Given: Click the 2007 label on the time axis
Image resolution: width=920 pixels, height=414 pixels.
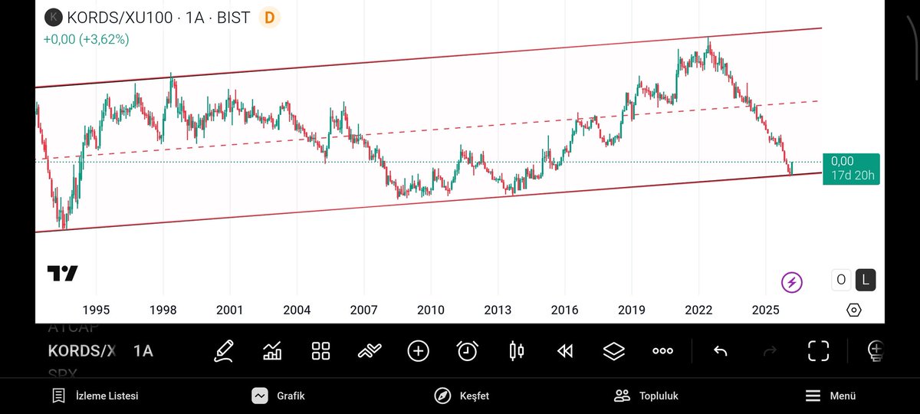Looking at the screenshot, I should [363, 310].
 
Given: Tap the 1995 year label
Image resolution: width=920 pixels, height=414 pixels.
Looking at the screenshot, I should [96, 310].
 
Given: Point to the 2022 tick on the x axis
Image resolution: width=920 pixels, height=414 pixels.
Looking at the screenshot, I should [698, 310].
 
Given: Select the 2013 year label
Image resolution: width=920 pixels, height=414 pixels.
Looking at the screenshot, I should [498, 310].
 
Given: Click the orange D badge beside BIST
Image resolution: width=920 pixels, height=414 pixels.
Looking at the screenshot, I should [269, 17].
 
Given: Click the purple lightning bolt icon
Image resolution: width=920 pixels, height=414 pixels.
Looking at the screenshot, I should [792, 283].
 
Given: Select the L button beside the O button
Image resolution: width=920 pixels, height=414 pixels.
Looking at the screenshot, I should [866, 280].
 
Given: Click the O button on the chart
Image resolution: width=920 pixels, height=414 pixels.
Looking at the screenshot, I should [841, 280].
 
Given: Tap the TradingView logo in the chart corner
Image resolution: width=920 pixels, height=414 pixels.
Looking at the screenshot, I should [62, 274].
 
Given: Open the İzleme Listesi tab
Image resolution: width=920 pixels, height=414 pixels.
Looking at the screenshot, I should [95, 396].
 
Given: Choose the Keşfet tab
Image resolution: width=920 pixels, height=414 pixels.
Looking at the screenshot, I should [462, 396].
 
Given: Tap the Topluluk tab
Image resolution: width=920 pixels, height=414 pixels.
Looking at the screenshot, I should [646, 396].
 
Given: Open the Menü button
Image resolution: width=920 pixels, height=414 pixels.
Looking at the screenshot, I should [830, 396].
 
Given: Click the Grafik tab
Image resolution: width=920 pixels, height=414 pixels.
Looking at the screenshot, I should [278, 396].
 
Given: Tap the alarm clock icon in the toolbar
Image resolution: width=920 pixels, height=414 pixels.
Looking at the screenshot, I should [467, 351].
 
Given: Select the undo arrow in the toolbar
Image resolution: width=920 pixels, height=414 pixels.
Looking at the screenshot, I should [721, 351].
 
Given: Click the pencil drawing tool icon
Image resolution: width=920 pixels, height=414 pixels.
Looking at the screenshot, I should [224, 351].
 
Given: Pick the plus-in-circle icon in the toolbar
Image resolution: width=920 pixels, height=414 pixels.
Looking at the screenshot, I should [418, 351].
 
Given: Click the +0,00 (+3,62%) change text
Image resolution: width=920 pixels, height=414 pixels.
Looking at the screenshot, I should [86, 39].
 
